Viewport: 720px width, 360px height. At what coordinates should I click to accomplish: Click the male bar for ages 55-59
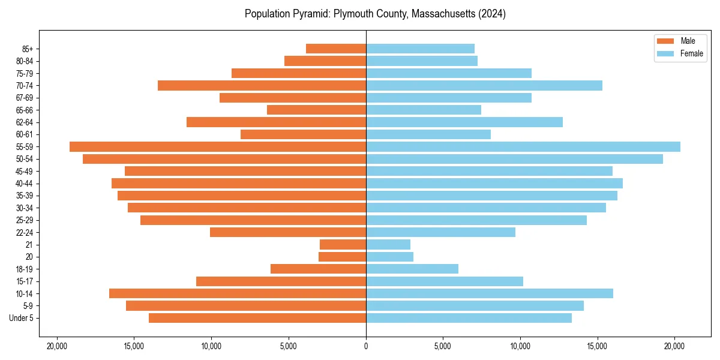[218, 147]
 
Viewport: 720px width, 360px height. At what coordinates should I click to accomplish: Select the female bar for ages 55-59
[523, 147]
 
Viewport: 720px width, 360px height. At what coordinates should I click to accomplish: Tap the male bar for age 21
[343, 245]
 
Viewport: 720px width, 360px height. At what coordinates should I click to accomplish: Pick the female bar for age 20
[389, 257]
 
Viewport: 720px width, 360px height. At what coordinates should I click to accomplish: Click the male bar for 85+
[336, 49]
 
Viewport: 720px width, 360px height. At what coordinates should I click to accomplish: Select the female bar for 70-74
[484, 85]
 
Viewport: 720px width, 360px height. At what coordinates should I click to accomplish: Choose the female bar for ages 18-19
[412, 269]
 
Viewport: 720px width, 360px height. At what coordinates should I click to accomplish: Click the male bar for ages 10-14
[238, 293]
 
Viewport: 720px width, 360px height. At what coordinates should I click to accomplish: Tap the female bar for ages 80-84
[422, 61]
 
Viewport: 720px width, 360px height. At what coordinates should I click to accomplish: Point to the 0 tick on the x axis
[366, 346]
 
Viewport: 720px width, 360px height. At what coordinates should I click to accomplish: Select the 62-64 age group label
[25, 122]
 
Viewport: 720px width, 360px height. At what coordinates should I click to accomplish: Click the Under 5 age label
[22, 318]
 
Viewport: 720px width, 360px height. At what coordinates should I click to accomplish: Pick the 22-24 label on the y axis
[25, 232]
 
